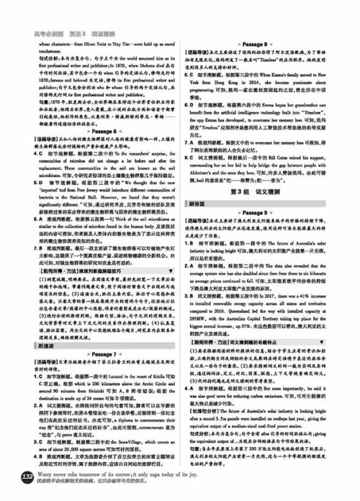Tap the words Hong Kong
point(238,103)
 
